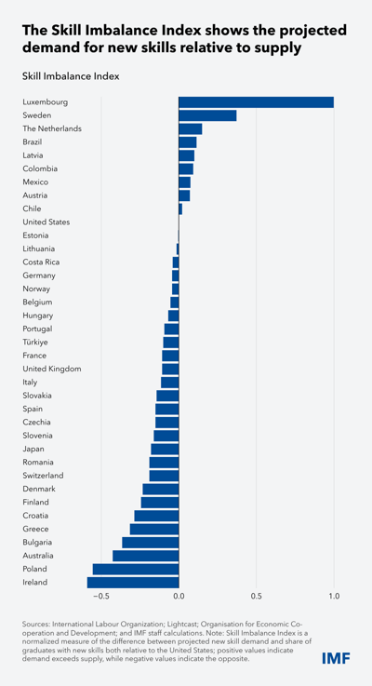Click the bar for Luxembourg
256,102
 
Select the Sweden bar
207,115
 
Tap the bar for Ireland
133,583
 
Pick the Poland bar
136,570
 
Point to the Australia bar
146,556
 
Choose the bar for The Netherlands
191,129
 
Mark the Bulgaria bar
151,543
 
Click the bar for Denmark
161,489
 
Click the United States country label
46,222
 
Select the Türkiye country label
35,343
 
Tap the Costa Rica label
41,262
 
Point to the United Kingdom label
51,369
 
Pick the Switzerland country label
43,476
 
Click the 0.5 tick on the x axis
256,596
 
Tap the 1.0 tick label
334,596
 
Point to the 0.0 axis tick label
179,596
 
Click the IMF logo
336,657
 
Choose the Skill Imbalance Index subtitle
71,76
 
